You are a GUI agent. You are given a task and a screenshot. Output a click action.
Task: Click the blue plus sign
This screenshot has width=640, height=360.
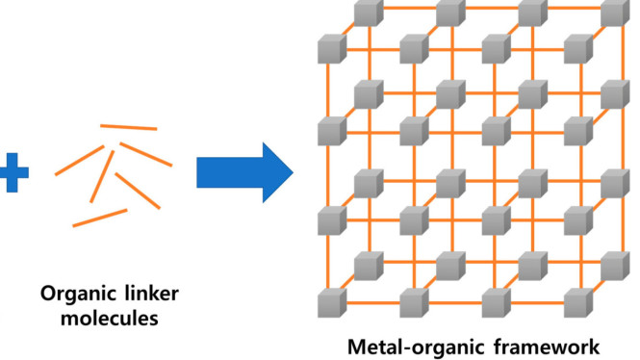point(13,172)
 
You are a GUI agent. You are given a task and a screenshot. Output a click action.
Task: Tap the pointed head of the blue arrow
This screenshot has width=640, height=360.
point(277,172)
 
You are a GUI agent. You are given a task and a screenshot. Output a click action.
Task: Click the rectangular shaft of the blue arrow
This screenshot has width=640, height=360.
point(230,172)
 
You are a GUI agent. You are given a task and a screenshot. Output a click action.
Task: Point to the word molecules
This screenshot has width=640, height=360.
point(110,318)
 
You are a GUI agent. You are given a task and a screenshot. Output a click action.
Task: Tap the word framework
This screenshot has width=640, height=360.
point(547,347)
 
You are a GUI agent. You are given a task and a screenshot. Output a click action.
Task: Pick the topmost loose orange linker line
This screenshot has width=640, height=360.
point(129,127)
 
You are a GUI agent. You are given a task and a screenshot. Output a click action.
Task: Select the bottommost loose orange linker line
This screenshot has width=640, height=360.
point(100,218)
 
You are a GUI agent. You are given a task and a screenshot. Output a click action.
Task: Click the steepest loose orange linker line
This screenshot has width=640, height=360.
point(102,176)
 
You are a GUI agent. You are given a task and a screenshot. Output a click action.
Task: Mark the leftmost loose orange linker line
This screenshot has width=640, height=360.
point(80,161)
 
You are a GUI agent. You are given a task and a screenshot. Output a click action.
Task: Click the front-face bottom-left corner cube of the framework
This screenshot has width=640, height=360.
point(332,303)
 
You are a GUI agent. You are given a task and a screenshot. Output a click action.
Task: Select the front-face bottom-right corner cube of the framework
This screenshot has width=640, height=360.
point(578,303)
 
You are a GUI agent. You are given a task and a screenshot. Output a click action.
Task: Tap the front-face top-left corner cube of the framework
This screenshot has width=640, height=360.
point(332,49)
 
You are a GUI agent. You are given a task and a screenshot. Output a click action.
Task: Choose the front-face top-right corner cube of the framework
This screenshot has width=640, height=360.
point(578,49)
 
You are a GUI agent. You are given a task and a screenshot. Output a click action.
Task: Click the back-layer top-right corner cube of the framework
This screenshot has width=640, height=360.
point(615,13)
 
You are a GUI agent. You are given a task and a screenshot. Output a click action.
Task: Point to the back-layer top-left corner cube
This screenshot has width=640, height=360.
point(369,13)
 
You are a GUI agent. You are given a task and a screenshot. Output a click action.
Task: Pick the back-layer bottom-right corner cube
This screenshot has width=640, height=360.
point(615,266)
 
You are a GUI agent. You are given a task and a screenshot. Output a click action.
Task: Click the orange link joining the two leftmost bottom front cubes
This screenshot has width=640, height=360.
point(373,303)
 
